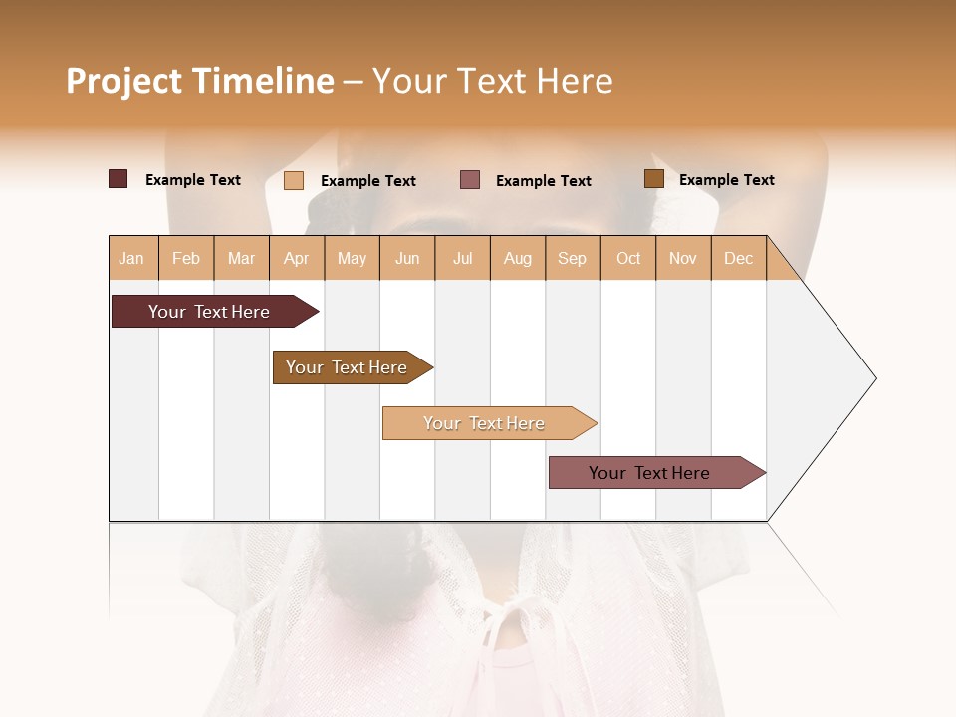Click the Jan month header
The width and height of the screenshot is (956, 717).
132,258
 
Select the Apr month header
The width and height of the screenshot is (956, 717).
297,258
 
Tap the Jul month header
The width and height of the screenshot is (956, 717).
462,258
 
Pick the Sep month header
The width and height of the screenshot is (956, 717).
572,258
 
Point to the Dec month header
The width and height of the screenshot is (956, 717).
738,258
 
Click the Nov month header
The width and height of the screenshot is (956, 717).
682,258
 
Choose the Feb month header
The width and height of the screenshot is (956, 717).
186,258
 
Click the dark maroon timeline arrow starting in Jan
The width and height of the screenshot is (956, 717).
209,312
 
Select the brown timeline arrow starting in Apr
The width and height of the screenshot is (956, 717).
347,367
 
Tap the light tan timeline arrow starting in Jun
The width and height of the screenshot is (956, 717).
484,423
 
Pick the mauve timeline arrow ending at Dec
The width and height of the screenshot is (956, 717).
649,473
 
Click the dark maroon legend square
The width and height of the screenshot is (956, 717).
119,179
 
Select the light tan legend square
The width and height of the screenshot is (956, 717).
294,180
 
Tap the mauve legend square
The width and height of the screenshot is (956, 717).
470,179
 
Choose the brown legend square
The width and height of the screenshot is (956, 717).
654,179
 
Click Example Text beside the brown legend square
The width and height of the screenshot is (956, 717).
726,180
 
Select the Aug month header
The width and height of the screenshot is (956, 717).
517,258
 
